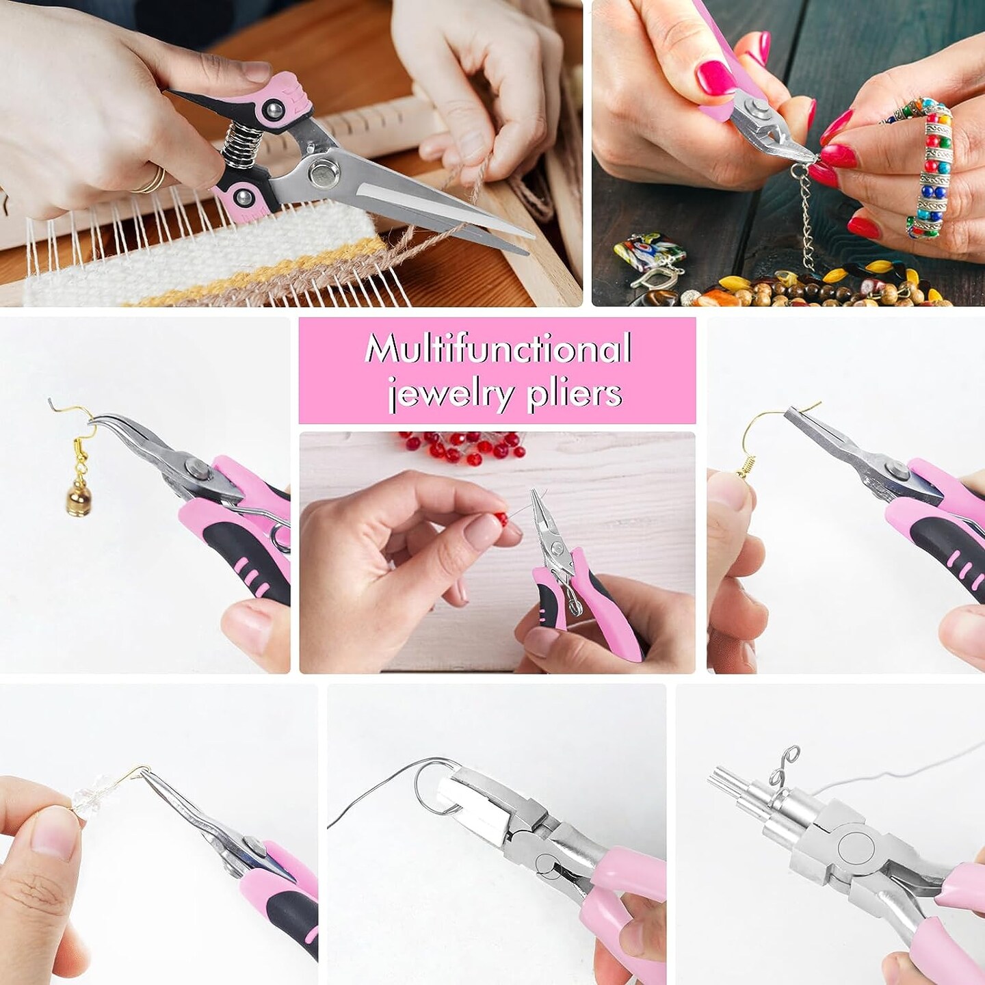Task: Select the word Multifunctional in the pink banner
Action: [x=497, y=349]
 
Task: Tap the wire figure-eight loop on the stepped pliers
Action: [x=784, y=770]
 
